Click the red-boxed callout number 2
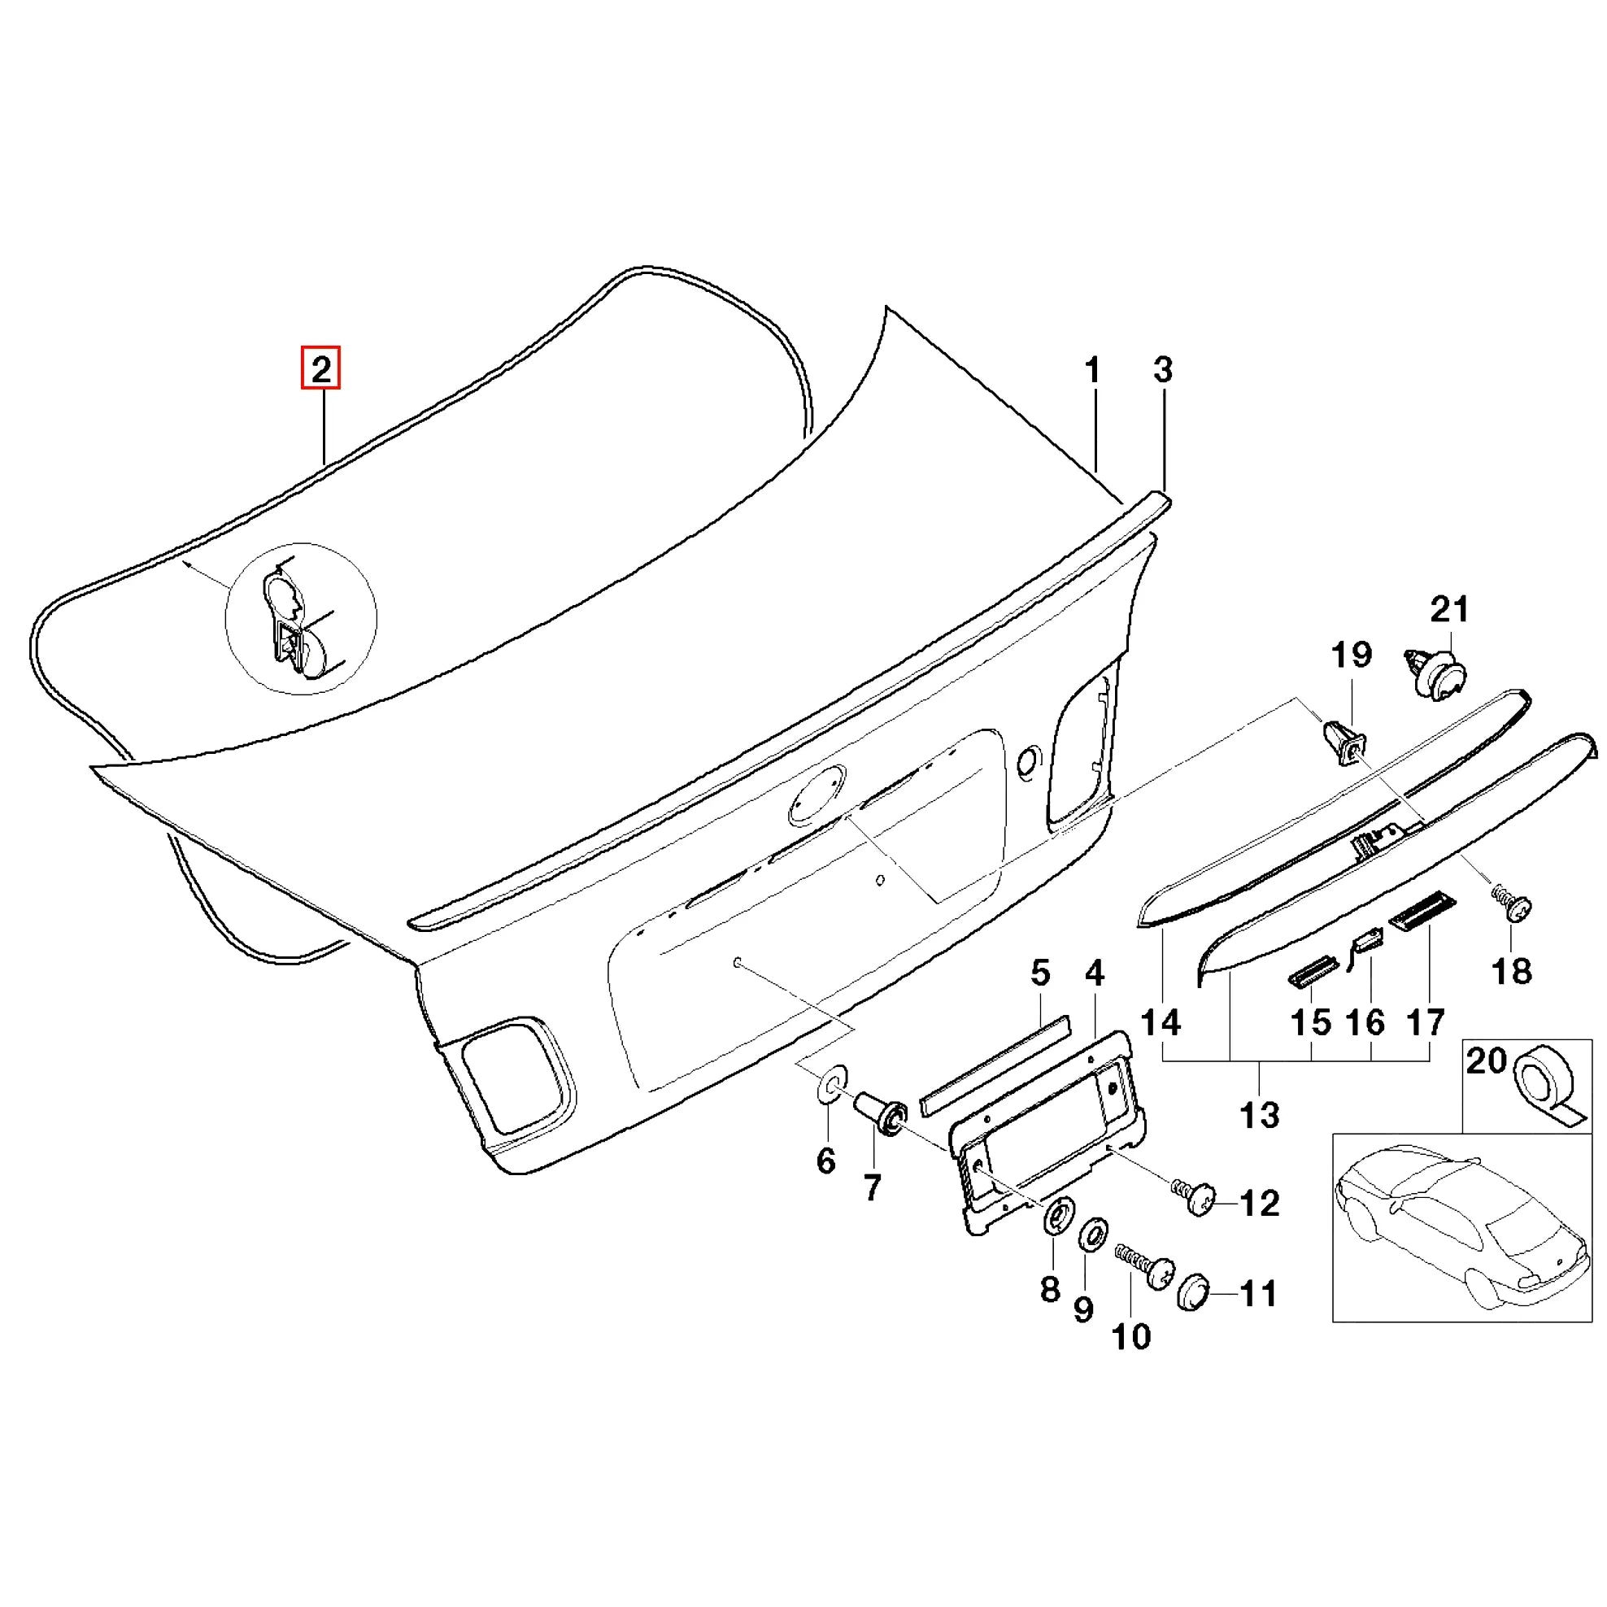point(321,368)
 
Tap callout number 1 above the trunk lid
point(1092,371)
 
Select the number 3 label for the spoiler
point(1163,370)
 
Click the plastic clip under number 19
point(1344,744)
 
